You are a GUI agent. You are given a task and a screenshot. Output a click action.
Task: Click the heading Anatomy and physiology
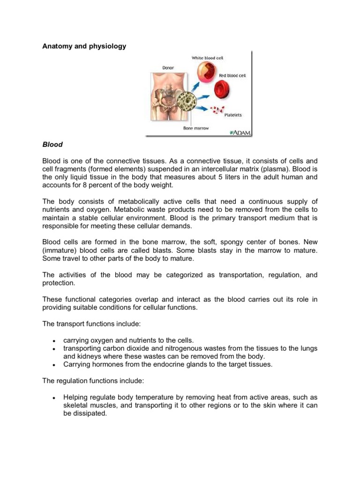(84, 46)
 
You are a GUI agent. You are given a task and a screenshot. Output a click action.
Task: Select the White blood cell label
(207, 58)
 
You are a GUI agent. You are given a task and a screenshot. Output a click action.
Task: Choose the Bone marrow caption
(195, 127)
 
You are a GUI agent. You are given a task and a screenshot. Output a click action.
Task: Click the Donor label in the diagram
(167, 67)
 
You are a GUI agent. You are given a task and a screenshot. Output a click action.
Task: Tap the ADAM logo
(240, 133)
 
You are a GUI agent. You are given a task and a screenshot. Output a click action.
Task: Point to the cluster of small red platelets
(216, 110)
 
